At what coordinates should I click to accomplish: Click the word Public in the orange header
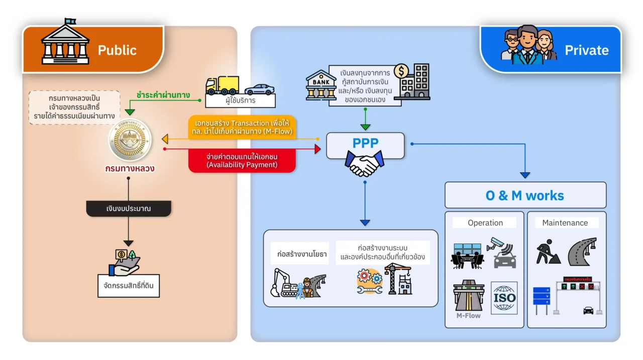point(117,50)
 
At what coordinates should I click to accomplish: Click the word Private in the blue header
point(586,50)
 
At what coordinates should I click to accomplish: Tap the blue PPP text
point(365,143)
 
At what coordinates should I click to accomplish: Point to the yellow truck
point(222,85)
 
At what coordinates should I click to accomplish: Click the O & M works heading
point(524,195)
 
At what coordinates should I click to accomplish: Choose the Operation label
point(485,222)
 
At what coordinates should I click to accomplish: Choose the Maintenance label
point(565,222)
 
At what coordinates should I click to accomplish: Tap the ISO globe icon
point(504,298)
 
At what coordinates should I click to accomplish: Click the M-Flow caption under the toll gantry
point(468,315)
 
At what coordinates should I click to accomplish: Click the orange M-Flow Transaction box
point(242,129)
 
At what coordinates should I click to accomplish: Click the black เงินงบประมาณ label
point(129,208)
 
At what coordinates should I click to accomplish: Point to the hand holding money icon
point(128,263)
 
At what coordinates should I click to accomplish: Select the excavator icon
point(284,284)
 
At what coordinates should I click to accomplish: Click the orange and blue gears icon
point(370,281)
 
